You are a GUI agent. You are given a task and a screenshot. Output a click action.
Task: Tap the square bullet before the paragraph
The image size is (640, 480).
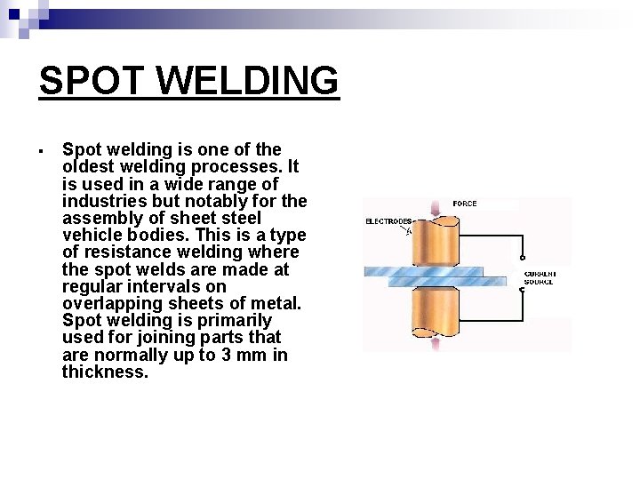click(x=42, y=149)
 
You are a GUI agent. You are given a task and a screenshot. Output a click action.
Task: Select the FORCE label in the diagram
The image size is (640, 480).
click(x=464, y=204)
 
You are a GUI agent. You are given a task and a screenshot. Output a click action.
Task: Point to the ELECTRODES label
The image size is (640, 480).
click(x=388, y=220)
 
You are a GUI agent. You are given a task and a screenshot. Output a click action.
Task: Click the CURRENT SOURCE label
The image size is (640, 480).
click(x=539, y=277)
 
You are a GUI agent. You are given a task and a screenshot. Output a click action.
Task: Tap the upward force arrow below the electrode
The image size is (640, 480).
click(x=436, y=344)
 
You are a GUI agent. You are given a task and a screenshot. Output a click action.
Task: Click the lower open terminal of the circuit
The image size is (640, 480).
click(x=523, y=291)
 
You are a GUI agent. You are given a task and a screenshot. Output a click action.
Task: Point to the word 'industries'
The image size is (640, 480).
click(x=101, y=201)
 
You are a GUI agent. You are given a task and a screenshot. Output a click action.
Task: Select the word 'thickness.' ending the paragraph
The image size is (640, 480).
click(x=105, y=372)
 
